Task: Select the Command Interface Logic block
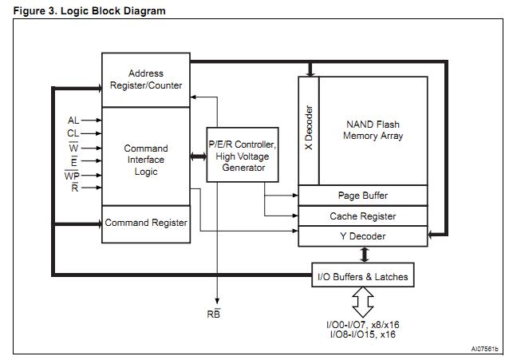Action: (x=145, y=159)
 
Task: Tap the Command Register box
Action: (x=146, y=223)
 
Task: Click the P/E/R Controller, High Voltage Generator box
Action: (x=243, y=154)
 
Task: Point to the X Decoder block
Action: (x=309, y=130)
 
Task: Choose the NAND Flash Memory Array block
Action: (x=373, y=130)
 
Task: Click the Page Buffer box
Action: (x=363, y=196)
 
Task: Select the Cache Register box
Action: (x=363, y=216)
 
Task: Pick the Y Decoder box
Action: (x=363, y=236)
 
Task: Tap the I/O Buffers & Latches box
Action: (x=363, y=277)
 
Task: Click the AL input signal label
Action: (x=73, y=121)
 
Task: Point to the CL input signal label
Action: (x=73, y=133)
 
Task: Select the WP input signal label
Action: (x=73, y=175)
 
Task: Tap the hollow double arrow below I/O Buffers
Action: (x=363, y=304)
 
